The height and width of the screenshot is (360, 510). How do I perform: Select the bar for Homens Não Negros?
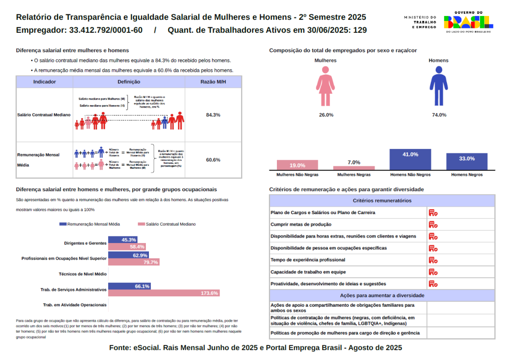(410, 160)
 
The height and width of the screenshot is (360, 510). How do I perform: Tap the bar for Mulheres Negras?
(354, 168)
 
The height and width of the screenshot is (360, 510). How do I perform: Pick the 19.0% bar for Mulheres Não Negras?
(297, 165)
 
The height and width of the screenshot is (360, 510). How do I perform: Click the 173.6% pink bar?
(164, 293)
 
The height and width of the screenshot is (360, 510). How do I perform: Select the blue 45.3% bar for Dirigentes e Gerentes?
(123, 240)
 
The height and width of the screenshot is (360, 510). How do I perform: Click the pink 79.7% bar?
(134, 262)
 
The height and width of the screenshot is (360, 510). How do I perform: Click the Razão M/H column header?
(213, 82)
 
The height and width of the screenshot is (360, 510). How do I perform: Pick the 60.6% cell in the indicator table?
(213, 160)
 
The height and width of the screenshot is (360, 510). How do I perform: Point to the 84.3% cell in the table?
(213, 115)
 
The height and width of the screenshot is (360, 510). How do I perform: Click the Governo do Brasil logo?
(468, 21)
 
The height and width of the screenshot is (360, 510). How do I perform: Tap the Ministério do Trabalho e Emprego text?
(420, 22)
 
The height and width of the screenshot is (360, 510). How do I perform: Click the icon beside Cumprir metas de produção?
(433, 225)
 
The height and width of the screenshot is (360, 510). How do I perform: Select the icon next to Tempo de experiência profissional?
(433, 260)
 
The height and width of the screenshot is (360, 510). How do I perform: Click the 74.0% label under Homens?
(439, 115)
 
